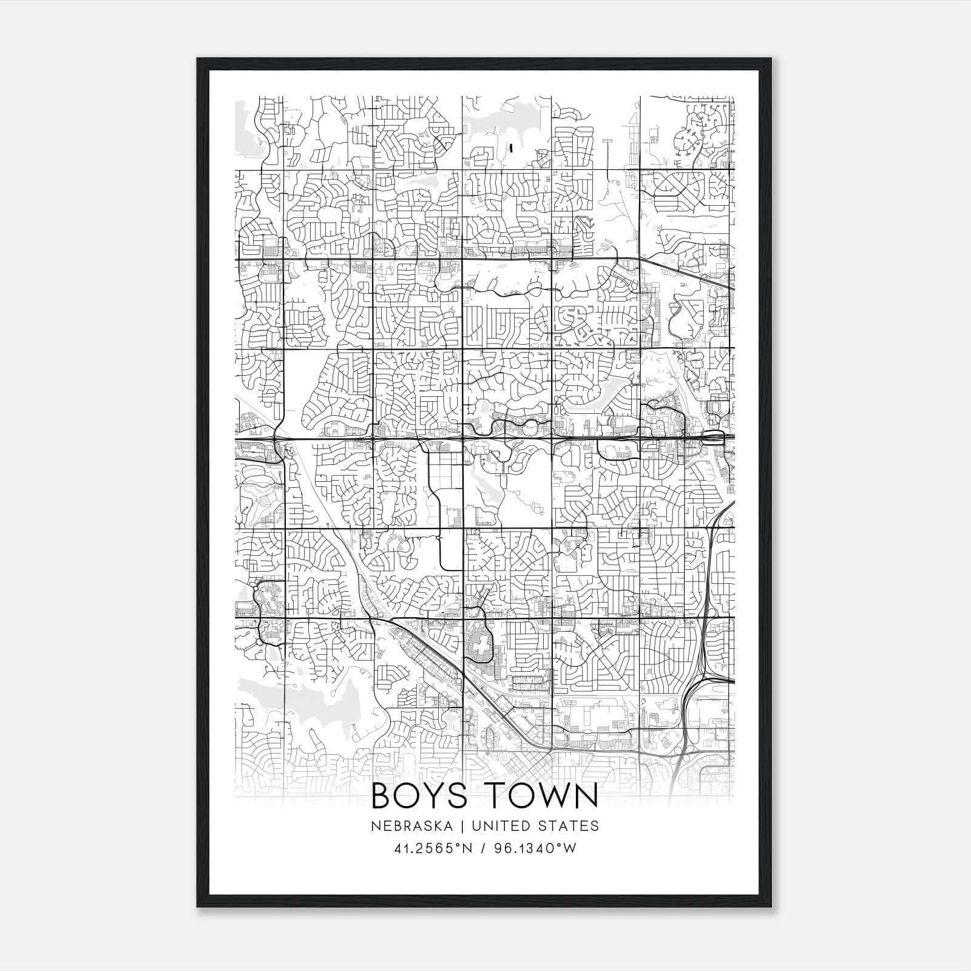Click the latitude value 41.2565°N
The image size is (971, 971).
433,848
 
